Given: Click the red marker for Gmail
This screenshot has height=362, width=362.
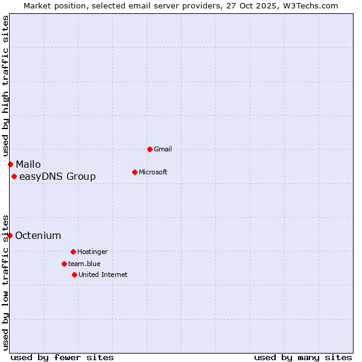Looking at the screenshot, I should coord(150,149).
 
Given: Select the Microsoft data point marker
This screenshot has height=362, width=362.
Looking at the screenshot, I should coord(135,172).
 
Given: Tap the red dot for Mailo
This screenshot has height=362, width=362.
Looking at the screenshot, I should coord(10,164).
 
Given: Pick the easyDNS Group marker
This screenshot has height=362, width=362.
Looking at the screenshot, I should coord(14,176).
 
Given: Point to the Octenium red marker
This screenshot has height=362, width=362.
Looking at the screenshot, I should coord(10,235).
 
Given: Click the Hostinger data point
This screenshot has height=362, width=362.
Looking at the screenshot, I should coord(73,252).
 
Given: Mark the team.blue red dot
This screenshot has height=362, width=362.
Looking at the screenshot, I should coord(64,264).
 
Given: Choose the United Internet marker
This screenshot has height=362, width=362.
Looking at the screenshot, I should coord(74,275).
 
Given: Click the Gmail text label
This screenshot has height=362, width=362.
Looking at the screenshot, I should coord(163,149).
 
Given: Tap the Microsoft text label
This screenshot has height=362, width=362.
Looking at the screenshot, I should coord(153,172).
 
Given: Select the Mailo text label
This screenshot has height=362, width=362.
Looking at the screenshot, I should coord(28,164).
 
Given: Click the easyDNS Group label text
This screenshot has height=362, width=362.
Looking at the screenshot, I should coord(57,176).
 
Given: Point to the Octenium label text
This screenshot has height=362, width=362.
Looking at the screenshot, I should coord(38,235).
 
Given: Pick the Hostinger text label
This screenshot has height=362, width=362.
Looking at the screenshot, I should coord(92,252).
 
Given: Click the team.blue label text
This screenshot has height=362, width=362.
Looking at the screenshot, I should coord(84,264).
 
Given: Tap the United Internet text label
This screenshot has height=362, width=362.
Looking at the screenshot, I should coord(103,275).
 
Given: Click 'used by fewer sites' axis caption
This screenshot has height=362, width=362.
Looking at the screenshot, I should coord(62,357).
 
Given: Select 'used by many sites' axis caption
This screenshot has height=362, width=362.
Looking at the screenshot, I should coord(303,357).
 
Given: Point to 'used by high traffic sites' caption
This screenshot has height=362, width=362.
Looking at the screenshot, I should coord(5,84).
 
